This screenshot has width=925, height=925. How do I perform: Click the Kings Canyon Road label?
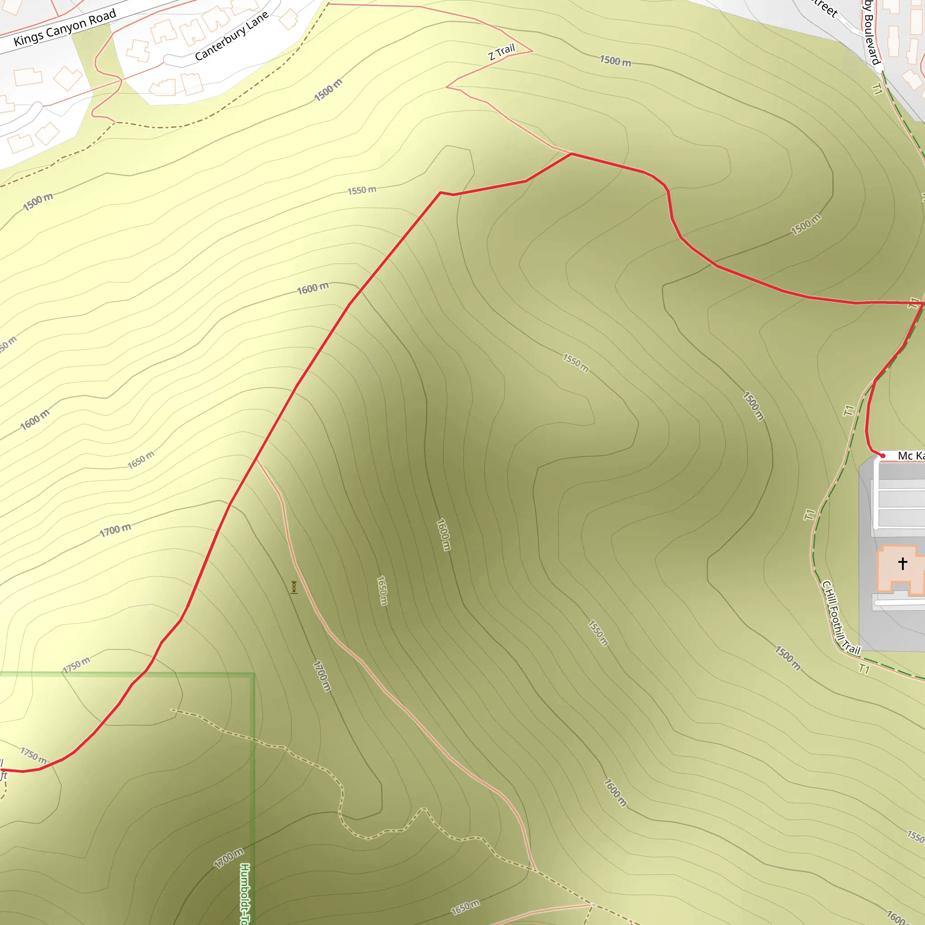pyautogui.click(x=65, y=27)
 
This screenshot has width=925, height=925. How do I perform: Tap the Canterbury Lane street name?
pyautogui.click(x=232, y=37)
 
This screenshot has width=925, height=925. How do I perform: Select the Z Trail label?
pyautogui.click(x=501, y=51)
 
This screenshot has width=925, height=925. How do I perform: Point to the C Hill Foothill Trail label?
pyautogui.click(x=840, y=617)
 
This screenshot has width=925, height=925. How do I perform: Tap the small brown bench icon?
pyautogui.click(x=294, y=588)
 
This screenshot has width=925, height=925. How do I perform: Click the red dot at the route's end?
pyautogui.click(x=883, y=456)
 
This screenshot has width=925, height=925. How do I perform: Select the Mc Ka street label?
pyautogui.click(x=911, y=456)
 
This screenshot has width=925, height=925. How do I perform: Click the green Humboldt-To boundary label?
pyautogui.click(x=245, y=893)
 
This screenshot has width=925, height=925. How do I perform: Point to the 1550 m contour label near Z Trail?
pyautogui.click(x=361, y=190)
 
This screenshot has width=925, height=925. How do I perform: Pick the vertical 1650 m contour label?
pyautogui.click(x=382, y=591)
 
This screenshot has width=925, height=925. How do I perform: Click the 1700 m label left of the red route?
pyautogui.click(x=115, y=530)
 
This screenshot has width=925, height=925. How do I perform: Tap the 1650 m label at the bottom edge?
pyautogui.click(x=465, y=907)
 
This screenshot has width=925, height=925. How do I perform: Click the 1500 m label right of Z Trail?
pyautogui.click(x=615, y=61)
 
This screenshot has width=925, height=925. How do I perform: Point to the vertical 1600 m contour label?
pyautogui.click(x=444, y=534)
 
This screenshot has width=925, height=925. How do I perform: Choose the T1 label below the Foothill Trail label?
pyautogui.click(x=864, y=668)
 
